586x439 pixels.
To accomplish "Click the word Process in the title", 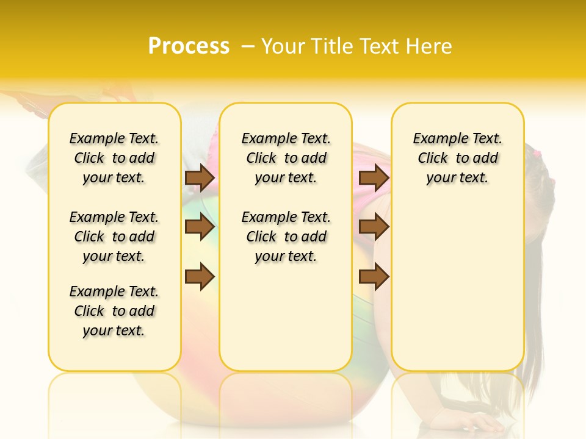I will pos(189,46).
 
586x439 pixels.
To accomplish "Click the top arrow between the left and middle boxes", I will pos(200,178).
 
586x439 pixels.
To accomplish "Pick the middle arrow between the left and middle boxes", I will pos(200,227).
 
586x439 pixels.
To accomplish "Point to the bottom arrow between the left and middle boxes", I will pos(200,277).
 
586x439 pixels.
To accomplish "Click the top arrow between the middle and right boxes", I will pos(374,178).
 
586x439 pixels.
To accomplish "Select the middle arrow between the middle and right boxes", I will pos(374,227).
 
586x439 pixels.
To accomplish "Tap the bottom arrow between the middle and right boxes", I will pos(374,277).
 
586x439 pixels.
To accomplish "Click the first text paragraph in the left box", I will pos(114,158).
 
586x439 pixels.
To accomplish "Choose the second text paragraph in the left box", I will pos(114,237).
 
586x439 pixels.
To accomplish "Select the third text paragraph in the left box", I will pos(114,311).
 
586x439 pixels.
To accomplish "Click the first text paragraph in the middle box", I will pos(286,158).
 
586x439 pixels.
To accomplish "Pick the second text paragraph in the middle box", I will pos(286,237).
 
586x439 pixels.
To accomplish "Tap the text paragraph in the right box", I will pos(458,158).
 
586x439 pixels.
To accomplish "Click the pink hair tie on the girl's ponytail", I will pos(537,152).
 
